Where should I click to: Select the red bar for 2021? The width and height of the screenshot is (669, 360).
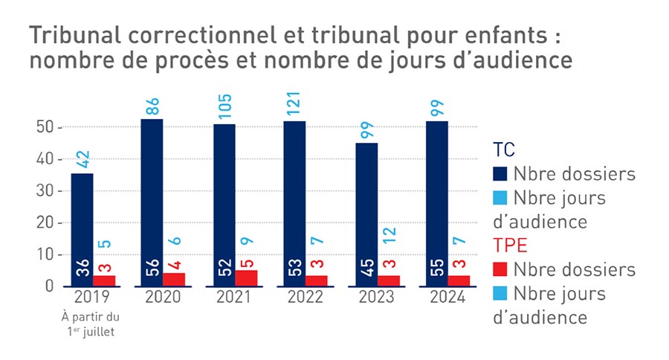point(247,278)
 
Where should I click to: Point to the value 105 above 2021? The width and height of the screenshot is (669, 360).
point(225,106)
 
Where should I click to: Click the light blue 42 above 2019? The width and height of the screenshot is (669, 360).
point(83,159)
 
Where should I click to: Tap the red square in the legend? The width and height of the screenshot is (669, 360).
point(501,269)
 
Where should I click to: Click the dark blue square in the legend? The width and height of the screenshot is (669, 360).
point(501,174)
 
